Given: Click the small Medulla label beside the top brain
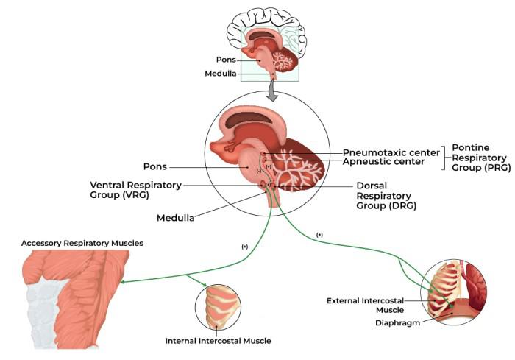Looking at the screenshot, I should click(x=221, y=74).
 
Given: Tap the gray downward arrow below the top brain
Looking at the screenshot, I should click(x=271, y=91).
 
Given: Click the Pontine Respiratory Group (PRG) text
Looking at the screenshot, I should click(x=479, y=158).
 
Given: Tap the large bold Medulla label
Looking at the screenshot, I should click(x=176, y=218).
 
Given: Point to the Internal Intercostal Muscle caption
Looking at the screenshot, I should click(x=218, y=341).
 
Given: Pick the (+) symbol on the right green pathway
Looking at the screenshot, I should click(x=319, y=234).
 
